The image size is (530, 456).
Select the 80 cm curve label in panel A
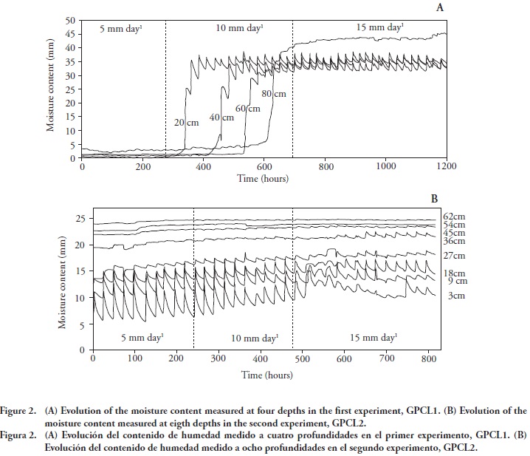click(x=274, y=94)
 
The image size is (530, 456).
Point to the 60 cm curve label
click(x=247, y=109)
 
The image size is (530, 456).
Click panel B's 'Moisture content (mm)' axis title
click(x=63, y=282)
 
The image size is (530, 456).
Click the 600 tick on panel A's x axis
click(x=264, y=168)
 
